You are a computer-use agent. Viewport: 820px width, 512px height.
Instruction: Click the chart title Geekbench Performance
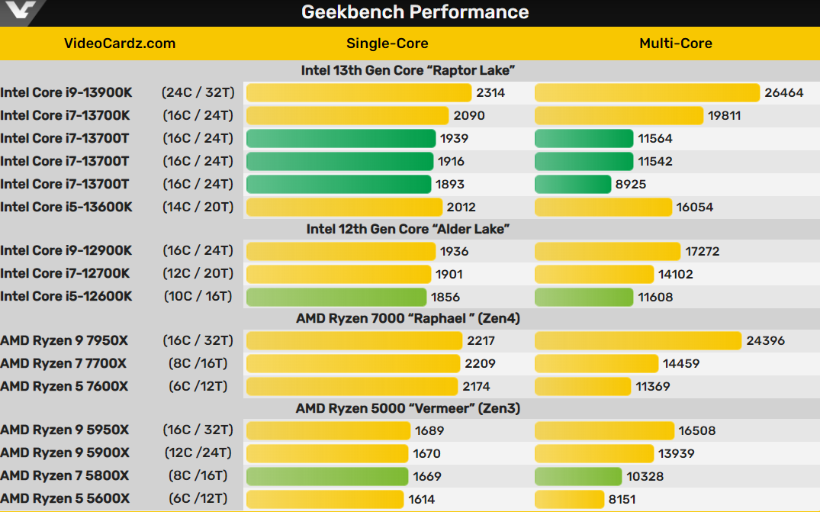(x=415, y=12)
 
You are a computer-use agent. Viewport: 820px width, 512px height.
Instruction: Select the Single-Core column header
(x=387, y=43)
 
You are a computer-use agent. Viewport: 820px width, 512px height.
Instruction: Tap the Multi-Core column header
(x=675, y=43)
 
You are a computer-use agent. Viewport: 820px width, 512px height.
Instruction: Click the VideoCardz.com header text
(x=121, y=43)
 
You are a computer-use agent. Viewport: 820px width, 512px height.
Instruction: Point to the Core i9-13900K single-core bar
(x=359, y=93)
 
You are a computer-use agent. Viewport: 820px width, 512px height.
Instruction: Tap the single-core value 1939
(x=454, y=139)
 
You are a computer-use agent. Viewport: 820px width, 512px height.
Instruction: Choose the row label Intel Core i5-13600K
(x=66, y=207)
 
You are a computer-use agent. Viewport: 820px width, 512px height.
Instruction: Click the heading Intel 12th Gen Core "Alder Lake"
(x=408, y=229)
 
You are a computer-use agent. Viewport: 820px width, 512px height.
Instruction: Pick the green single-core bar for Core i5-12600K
(x=336, y=297)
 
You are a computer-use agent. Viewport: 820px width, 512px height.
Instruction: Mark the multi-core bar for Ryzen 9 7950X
(x=638, y=341)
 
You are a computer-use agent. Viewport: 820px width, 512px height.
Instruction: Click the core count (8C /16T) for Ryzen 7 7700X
(x=198, y=364)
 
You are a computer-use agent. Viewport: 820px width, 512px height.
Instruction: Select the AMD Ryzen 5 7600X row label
(x=64, y=387)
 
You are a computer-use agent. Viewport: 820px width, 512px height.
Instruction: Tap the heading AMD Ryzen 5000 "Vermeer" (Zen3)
(x=408, y=409)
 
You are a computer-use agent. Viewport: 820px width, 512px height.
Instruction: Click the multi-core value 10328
(x=645, y=477)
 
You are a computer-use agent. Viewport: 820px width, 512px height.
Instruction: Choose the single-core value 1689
(x=429, y=431)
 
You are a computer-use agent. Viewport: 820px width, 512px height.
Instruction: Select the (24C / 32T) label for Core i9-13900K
(x=197, y=93)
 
